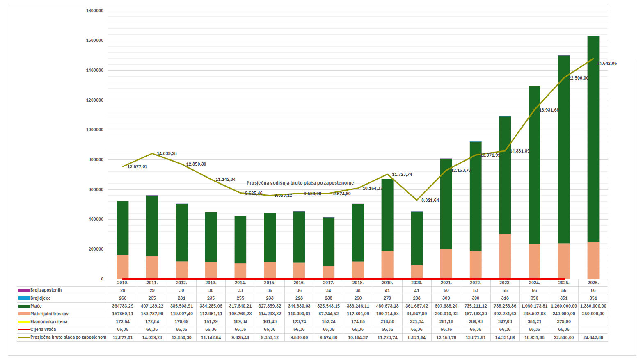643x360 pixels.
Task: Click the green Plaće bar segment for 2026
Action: pos(593,139)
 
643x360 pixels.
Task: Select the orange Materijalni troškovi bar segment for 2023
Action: pos(505,256)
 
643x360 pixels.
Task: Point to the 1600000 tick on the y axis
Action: pos(95,41)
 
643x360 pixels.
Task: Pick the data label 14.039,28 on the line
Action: pos(167,154)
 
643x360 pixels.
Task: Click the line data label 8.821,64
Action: pos(430,201)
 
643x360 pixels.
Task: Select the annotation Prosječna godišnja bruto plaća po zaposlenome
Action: pos(300,183)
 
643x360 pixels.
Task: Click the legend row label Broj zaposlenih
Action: pos(46,290)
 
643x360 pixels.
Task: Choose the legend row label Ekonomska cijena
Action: pos(49,322)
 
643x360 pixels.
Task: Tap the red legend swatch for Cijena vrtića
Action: pos(24,330)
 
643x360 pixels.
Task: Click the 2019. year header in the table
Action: pos(387,283)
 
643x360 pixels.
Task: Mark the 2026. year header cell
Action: pos(593,283)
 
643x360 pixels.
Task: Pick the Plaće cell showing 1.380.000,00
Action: pos(593,306)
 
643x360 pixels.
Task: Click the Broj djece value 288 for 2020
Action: pos(417,298)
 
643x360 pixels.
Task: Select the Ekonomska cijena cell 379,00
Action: pos(564,322)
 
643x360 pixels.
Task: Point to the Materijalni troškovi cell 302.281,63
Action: pos(505,314)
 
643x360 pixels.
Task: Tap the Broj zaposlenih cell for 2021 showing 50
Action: pos(446,290)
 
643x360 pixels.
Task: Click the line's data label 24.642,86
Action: pos(607,64)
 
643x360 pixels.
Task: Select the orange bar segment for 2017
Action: pos(329,272)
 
